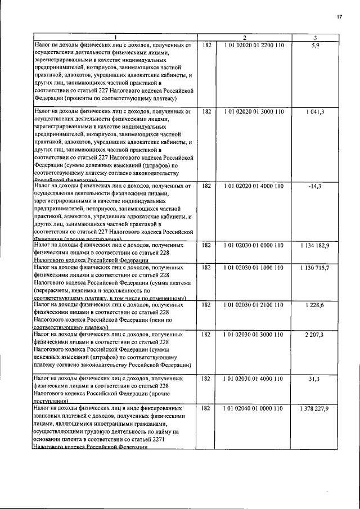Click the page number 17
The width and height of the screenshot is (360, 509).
(340, 16)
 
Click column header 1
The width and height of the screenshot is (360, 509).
(115, 38)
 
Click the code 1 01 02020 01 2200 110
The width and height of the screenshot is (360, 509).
(254, 45)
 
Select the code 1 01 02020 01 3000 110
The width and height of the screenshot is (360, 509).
(254, 111)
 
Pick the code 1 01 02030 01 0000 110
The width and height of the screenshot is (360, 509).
(254, 245)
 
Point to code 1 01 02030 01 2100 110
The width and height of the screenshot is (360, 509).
(254, 304)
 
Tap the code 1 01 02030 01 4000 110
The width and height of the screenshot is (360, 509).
(254, 379)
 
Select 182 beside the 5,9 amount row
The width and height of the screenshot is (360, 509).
(206, 45)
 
